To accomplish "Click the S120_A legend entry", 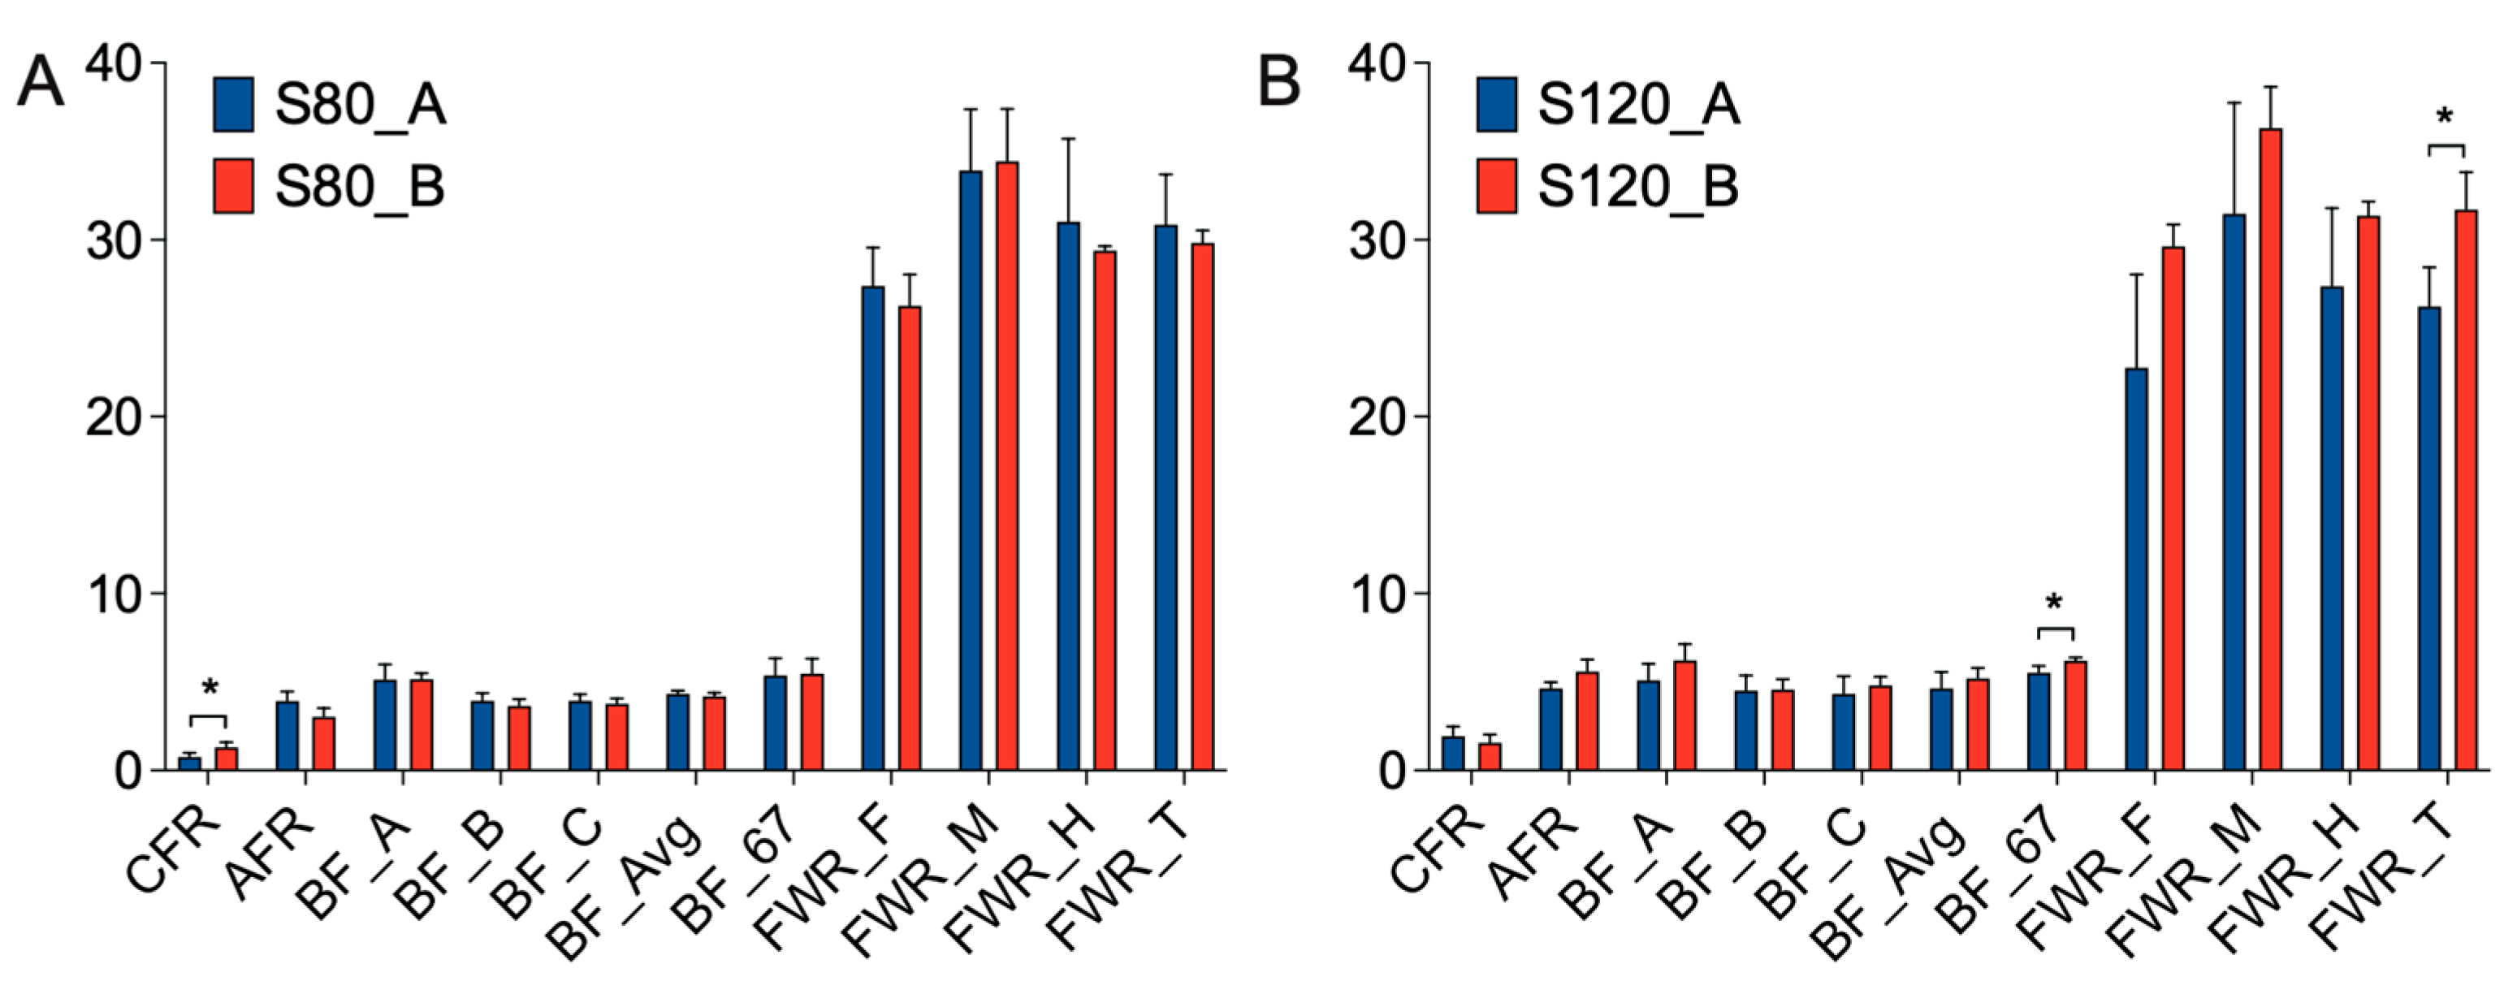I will [1608, 105].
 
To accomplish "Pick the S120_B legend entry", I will [1608, 186].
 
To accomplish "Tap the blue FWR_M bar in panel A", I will [971, 469].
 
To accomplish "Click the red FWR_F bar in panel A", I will [910, 537].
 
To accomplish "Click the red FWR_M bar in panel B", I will [2271, 449].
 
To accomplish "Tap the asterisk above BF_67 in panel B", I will [2054, 603].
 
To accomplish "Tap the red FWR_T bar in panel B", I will [2466, 488].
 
